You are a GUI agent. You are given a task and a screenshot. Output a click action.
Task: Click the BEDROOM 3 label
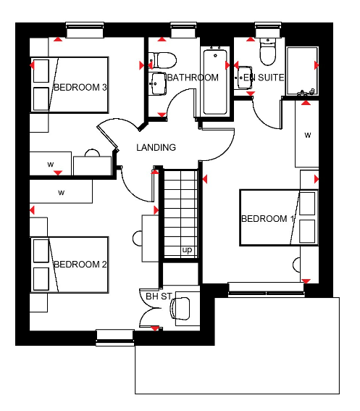click(x=80, y=87)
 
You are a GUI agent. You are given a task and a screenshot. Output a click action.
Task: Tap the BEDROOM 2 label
click(x=80, y=264)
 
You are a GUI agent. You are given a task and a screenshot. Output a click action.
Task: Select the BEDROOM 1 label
click(x=267, y=219)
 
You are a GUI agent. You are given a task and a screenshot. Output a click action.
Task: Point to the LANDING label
click(x=156, y=147)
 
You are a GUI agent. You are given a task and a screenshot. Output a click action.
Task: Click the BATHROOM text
click(x=193, y=78)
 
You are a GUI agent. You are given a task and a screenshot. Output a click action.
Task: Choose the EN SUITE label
click(x=264, y=78)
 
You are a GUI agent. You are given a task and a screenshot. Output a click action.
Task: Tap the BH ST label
click(x=159, y=296)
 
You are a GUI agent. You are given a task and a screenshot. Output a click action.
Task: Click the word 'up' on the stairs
click(x=187, y=250)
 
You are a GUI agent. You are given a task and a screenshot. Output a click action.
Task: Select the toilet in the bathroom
click(x=162, y=60)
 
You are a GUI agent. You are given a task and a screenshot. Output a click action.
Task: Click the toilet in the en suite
click(x=268, y=51)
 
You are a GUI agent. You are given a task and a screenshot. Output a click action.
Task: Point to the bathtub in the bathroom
click(x=215, y=81)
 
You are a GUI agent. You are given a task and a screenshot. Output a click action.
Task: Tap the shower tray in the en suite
click(x=303, y=71)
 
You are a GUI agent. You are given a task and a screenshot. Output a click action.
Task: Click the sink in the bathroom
click(x=158, y=83)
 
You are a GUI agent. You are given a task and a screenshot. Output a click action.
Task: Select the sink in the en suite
click(x=244, y=78)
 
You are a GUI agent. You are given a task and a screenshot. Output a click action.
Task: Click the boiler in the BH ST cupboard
click(x=180, y=309)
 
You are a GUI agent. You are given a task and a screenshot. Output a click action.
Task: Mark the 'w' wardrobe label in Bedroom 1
click(x=308, y=136)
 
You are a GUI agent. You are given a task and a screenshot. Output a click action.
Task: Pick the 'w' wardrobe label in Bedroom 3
click(x=51, y=165)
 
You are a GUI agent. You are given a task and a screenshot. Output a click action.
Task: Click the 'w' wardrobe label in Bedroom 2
click(x=62, y=193)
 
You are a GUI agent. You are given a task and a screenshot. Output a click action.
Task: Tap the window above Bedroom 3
click(x=85, y=30)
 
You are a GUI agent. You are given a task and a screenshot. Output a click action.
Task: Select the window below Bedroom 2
click(x=115, y=338)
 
